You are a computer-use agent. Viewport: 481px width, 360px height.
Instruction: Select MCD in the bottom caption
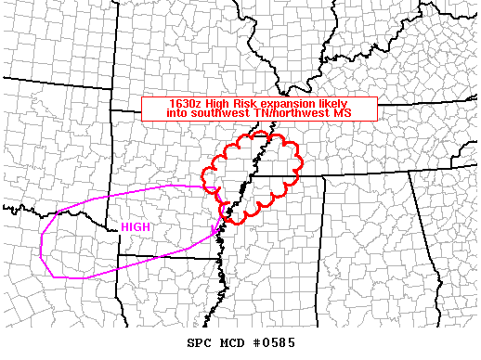(231, 343)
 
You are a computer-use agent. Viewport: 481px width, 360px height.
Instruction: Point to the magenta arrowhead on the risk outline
(214, 227)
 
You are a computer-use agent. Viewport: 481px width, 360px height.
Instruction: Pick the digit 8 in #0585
(281, 343)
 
